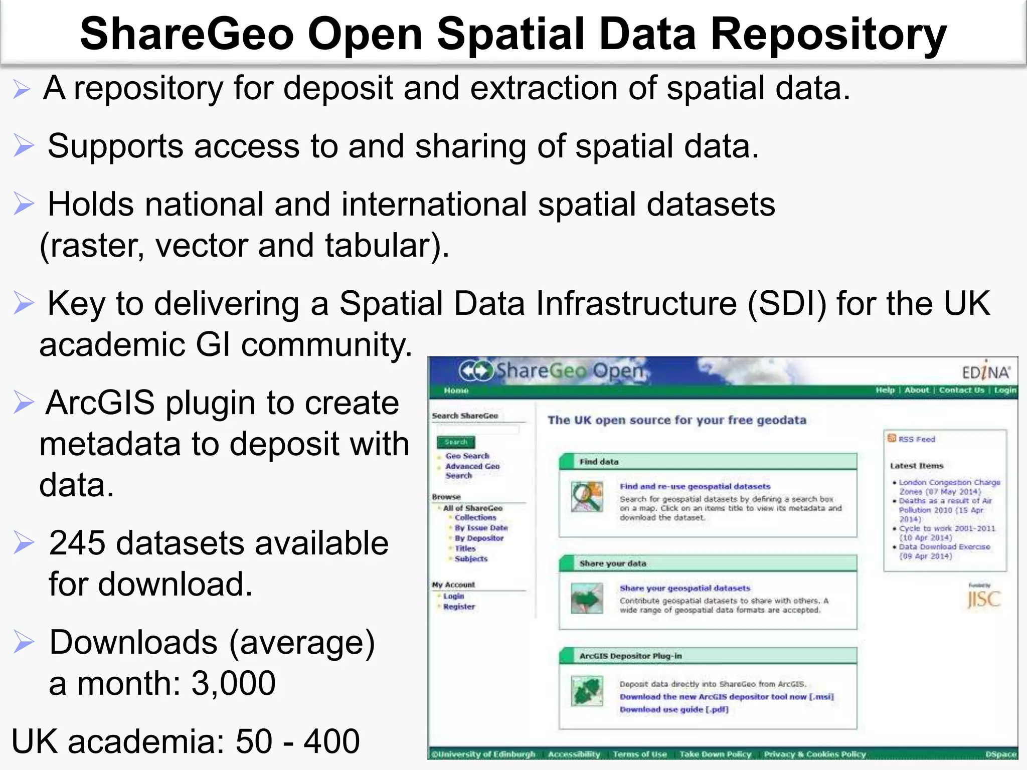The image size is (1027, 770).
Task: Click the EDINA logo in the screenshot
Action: (985, 372)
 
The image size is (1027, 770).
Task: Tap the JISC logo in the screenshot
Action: (983, 600)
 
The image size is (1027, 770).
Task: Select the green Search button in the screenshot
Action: (455, 442)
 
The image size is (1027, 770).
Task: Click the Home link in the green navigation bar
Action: (456, 391)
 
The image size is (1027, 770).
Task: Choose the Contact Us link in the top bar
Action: (961, 390)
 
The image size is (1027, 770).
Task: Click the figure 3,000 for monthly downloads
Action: (233, 683)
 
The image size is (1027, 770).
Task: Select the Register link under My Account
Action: (458, 607)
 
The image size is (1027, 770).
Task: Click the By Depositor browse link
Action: (479, 538)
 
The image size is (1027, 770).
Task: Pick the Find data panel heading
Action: (599, 462)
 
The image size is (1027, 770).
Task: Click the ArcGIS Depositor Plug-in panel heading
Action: (630, 656)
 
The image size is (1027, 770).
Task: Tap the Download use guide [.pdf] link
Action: (673, 709)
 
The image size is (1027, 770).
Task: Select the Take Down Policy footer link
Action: (715, 754)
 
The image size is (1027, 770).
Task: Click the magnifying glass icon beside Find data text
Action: (587, 497)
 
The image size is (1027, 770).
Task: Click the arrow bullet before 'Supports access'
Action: (24, 146)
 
